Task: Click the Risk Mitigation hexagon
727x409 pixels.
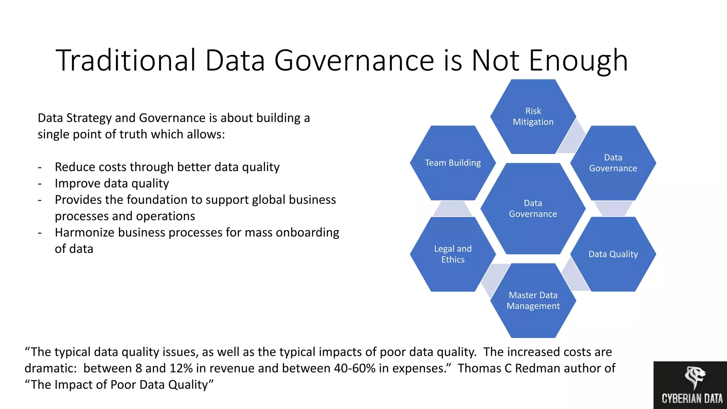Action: [533, 116]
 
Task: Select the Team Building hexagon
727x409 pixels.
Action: [453, 163]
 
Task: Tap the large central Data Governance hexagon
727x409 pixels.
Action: [533, 209]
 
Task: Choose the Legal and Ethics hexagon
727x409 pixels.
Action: [453, 254]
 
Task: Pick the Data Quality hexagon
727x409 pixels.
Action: [613, 254]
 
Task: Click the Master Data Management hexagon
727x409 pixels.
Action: [533, 301]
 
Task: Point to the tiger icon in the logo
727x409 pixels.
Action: [694, 377]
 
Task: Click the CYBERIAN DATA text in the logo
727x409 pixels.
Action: [692, 399]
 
